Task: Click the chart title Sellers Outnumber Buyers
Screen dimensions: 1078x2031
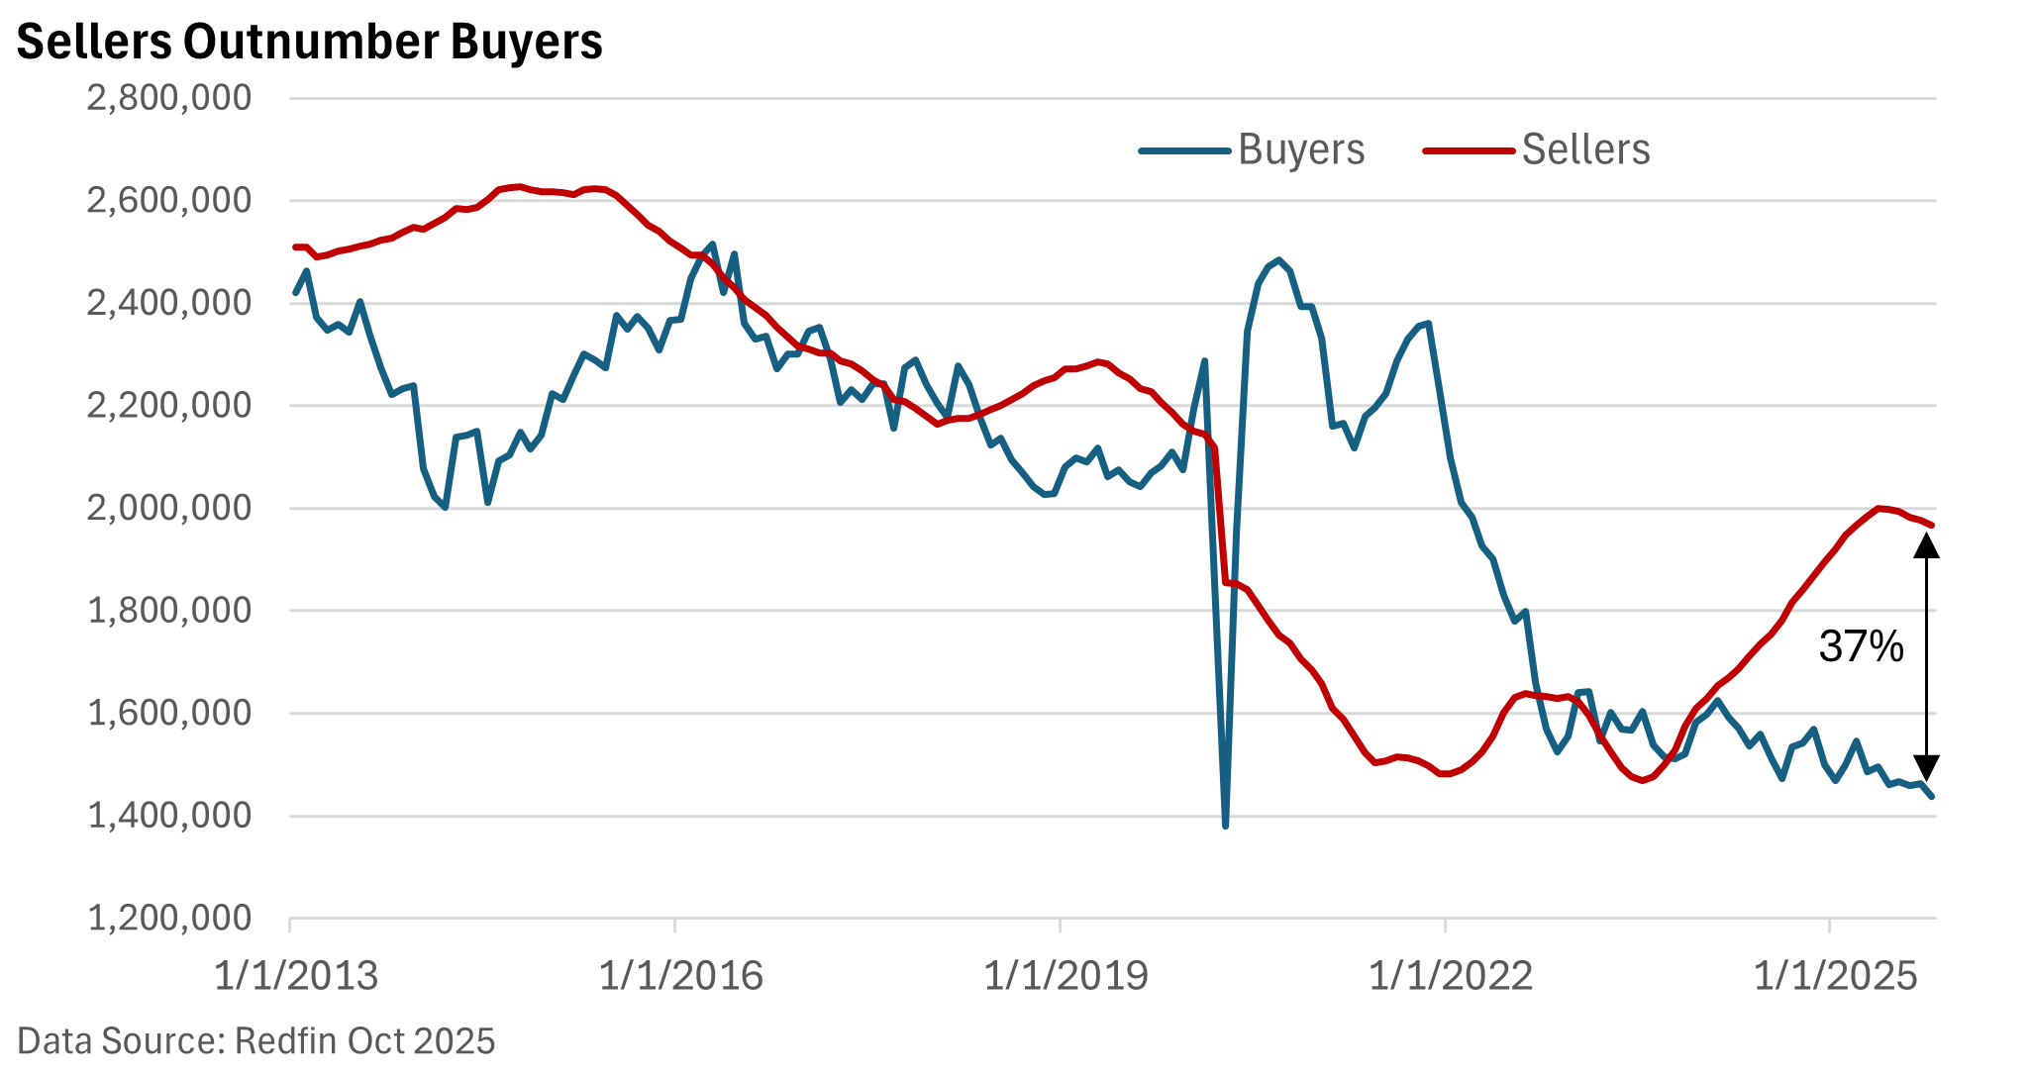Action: tap(309, 43)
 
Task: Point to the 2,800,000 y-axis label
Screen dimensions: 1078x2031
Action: tap(169, 98)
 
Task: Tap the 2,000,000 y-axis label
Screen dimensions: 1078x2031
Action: tap(169, 508)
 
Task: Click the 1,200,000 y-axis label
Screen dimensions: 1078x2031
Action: tap(169, 918)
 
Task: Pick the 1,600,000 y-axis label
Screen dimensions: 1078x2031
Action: tap(169, 713)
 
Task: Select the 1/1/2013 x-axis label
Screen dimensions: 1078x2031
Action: tap(296, 976)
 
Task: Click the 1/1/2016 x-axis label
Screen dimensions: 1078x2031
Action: tap(680, 976)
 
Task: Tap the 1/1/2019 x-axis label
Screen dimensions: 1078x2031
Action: tap(1066, 976)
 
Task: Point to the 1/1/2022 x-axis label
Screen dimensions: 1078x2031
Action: tap(1451, 976)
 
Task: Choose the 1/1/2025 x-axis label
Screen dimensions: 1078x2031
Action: tap(1835, 976)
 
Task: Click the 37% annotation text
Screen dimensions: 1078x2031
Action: tap(1861, 646)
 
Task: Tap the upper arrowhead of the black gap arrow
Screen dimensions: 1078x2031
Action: tap(1926, 545)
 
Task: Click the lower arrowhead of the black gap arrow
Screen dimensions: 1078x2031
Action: tap(1926, 768)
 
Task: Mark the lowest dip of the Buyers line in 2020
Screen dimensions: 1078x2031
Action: tap(1226, 825)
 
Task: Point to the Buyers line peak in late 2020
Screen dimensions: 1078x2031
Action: tap(1279, 261)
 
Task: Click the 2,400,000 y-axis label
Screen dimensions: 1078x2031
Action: tap(169, 303)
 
